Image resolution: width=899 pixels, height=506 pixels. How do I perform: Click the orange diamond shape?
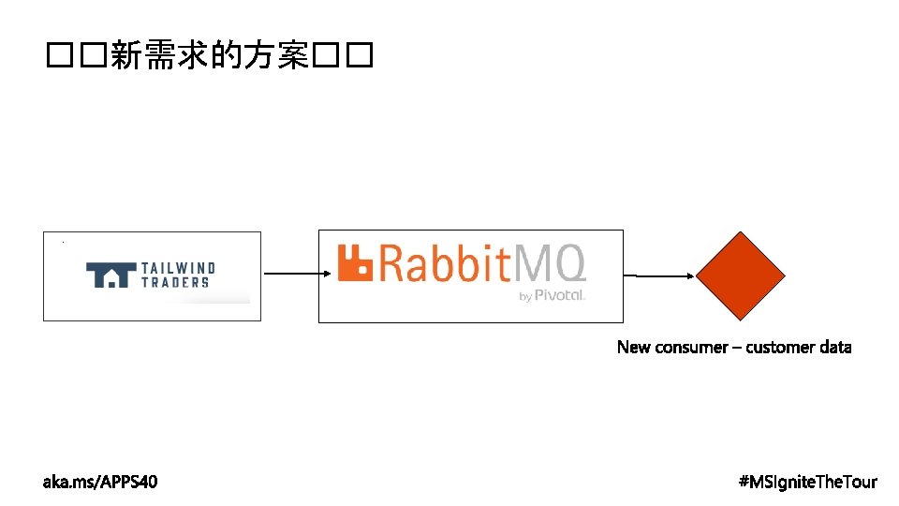[740, 275]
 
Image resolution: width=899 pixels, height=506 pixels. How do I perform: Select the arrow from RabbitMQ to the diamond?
[661, 275]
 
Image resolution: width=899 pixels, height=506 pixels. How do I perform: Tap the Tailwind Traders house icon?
[110, 275]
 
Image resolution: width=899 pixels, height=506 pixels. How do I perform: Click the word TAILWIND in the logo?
[178, 268]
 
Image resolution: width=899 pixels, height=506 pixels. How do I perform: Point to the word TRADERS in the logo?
[175, 282]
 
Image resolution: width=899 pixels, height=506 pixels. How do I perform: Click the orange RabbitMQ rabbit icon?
[355, 262]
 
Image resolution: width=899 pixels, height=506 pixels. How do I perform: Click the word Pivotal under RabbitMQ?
[560, 295]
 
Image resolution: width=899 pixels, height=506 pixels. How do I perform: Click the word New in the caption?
[633, 348]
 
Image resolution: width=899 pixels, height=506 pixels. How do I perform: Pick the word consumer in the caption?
[692, 348]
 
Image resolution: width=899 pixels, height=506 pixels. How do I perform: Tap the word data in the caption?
[836, 348]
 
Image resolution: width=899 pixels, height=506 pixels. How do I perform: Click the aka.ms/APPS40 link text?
[100, 482]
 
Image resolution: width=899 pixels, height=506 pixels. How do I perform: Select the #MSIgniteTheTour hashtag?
[807, 482]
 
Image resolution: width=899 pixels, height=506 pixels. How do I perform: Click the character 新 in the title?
[125, 57]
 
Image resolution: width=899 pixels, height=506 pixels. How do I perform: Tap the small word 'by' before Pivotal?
[524, 296]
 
